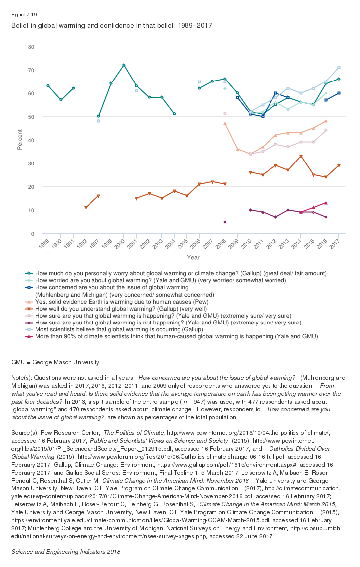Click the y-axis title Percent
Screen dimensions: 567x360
pos(20,140)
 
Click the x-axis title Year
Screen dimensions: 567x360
pos(193,257)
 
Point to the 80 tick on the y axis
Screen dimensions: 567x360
pos(31,47)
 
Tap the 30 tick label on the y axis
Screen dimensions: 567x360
pos(31,163)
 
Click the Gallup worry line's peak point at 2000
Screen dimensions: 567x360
pos(124,65)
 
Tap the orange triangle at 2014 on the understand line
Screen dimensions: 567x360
pos(301,157)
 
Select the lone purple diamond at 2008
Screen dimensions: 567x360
pos(225,222)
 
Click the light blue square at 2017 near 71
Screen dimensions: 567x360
pos(339,68)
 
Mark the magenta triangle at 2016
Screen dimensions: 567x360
pos(326,203)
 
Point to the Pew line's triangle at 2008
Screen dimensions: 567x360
pos(225,123)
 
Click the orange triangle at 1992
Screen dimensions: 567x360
pos(86,208)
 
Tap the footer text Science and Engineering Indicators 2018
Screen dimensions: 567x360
pos(66,552)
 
